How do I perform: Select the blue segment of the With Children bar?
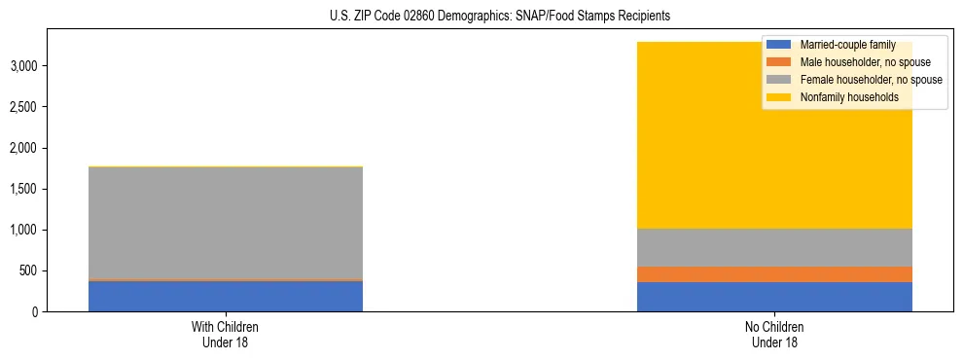coord(226,296)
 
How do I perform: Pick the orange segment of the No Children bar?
coord(774,274)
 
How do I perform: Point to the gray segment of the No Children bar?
coord(774,247)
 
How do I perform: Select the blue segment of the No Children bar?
coord(774,297)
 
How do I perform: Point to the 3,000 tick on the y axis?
coord(23,66)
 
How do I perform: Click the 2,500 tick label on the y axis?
coord(23,107)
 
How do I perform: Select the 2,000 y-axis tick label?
coord(23,148)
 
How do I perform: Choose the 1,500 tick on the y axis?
coord(23,189)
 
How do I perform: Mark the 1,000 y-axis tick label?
coord(23,230)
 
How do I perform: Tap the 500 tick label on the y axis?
coord(28,270)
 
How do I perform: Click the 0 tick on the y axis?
coord(34,311)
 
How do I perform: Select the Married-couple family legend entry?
coord(845,45)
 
